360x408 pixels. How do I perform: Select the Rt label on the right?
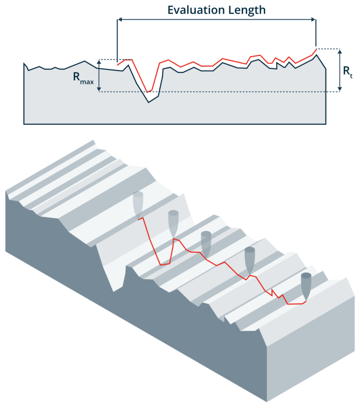click(x=348, y=71)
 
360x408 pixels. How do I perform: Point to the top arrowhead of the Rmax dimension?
click(x=99, y=61)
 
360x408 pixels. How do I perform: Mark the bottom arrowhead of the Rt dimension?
click(x=340, y=89)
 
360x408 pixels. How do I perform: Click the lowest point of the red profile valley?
click(x=147, y=92)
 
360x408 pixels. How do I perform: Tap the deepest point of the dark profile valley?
click(x=149, y=102)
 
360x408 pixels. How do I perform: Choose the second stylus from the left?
click(x=173, y=224)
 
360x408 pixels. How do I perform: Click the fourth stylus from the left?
click(x=250, y=260)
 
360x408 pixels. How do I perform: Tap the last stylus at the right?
click(x=306, y=286)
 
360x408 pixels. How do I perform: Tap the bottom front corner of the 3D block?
click(x=267, y=401)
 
